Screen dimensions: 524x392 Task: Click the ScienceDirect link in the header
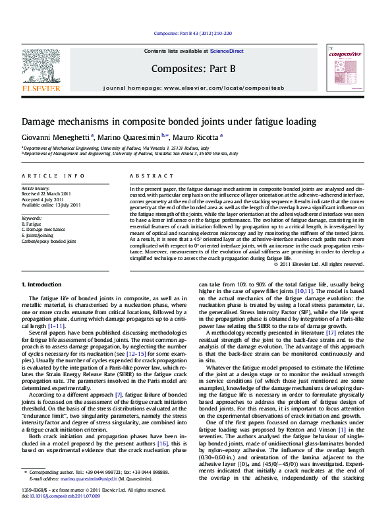(x=227, y=51)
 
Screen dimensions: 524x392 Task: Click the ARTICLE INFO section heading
(x=53, y=176)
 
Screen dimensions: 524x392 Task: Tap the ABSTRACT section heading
(x=142, y=176)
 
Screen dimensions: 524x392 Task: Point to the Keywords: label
(x=32, y=217)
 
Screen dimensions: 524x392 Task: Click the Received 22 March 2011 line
(x=47, y=193)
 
